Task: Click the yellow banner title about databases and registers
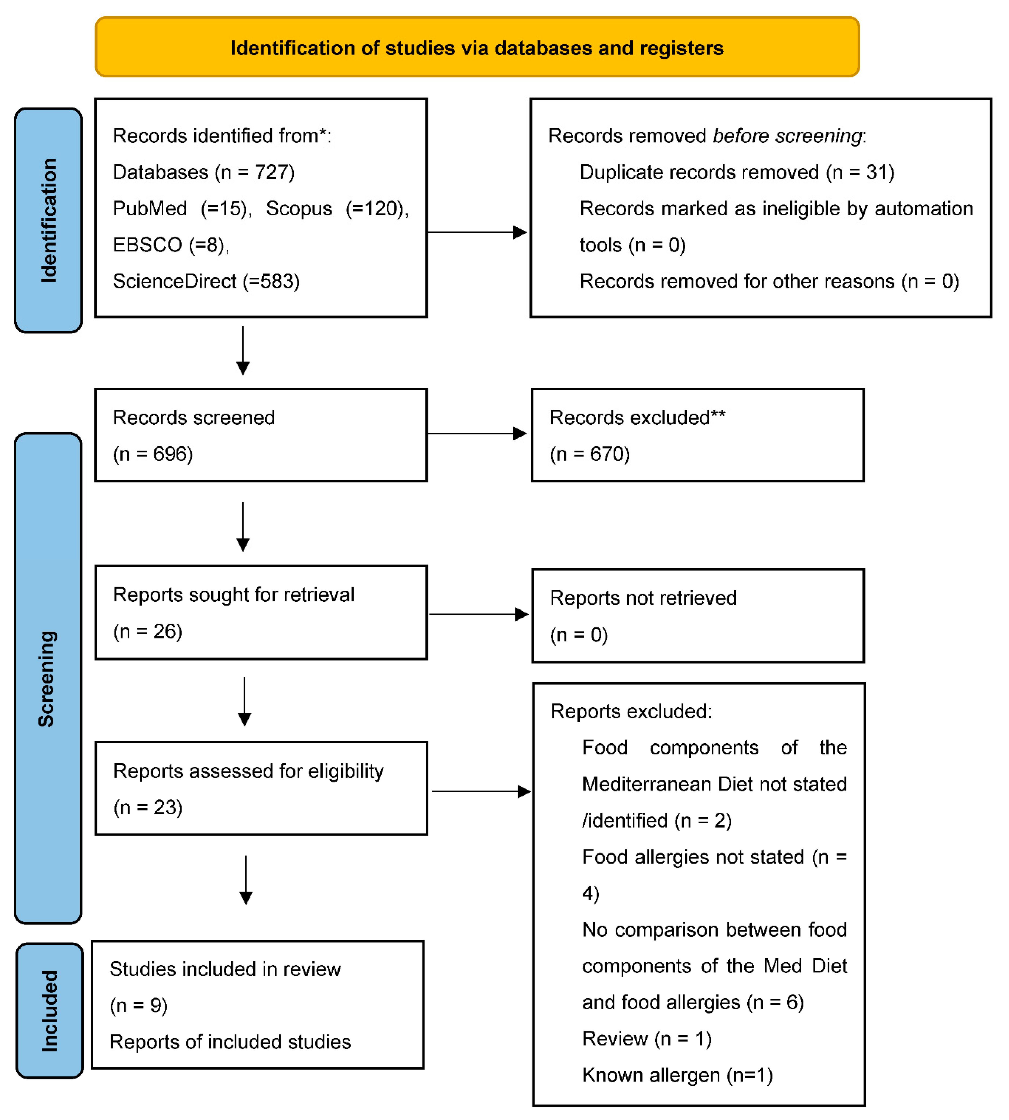(x=477, y=48)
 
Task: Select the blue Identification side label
(x=49, y=221)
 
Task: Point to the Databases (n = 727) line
(x=203, y=172)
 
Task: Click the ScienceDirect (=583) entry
(x=206, y=282)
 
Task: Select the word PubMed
(x=150, y=209)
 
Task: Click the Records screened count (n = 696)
(x=153, y=454)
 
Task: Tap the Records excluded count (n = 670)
(x=590, y=454)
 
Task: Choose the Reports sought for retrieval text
(x=233, y=595)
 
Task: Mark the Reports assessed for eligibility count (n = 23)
(x=148, y=808)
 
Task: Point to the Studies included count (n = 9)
(x=139, y=1005)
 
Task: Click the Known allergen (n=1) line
(x=677, y=1075)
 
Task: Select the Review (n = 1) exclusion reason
(x=646, y=1038)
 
